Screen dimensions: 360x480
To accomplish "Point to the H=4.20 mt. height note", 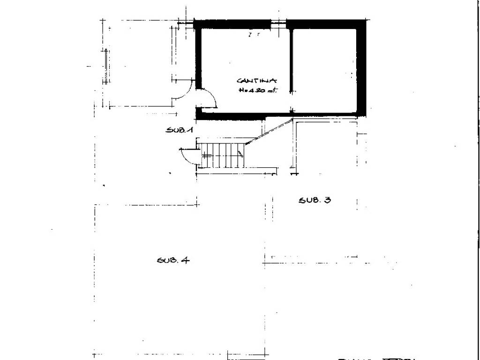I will [257, 91].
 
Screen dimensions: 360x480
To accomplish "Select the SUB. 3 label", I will [315, 200].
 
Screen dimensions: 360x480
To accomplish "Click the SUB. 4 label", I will [173, 260].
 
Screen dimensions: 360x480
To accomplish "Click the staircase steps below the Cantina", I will [220, 155].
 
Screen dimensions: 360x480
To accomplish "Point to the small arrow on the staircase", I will [240, 153].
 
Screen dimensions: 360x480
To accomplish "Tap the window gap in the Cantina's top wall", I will [278, 22].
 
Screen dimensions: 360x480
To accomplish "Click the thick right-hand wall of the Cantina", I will [361, 68].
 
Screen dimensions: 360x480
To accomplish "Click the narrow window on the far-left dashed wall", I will [107, 66].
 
